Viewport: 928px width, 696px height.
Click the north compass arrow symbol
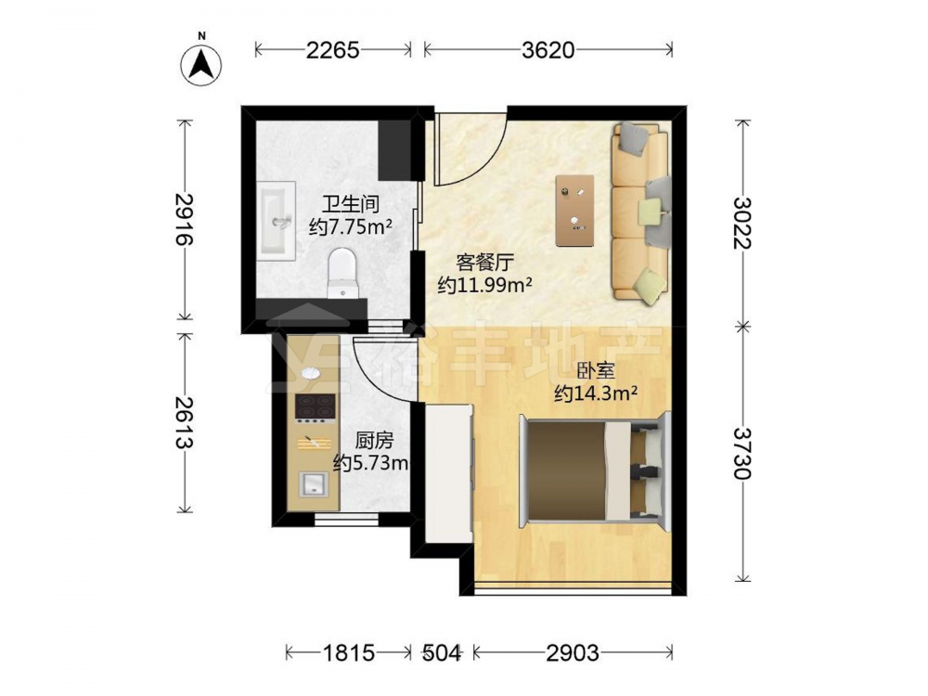pos(201,64)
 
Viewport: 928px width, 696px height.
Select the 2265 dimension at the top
pos(332,50)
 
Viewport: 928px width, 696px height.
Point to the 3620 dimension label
pos(548,50)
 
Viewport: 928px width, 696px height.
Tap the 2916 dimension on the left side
pos(185,219)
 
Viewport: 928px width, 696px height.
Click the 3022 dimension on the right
pos(742,223)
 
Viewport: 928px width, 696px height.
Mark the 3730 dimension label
pos(742,453)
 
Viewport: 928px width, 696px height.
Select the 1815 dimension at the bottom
pos(349,652)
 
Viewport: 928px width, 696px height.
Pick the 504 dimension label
pos(441,652)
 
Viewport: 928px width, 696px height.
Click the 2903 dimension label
pos(573,652)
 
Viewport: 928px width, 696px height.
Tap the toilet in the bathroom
pos(342,274)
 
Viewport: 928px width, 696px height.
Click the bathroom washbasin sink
pos(277,221)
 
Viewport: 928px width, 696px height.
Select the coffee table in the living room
pos(574,210)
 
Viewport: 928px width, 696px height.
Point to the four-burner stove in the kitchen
pos(316,408)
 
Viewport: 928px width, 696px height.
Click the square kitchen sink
pos(314,483)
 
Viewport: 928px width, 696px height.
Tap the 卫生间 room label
pos(350,205)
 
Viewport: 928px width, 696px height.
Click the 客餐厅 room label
pos(484,263)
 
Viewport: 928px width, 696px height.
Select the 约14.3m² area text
pos(596,393)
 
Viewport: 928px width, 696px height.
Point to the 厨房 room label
pos(374,441)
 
